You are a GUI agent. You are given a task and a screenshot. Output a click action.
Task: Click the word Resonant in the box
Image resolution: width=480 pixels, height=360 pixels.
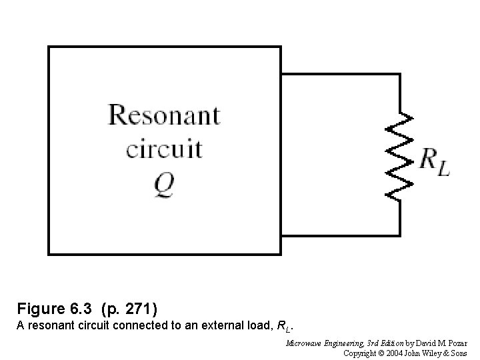[x=164, y=115]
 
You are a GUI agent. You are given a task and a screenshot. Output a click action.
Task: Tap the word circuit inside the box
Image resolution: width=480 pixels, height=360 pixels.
[x=164, y=147]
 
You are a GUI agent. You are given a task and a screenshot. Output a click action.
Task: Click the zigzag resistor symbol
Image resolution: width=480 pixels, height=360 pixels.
[x=400, y=155]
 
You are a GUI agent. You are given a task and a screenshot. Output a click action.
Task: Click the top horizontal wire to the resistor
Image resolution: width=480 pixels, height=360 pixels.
[x=340, y=73]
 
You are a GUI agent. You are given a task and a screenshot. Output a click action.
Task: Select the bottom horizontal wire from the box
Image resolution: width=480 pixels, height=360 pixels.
[x=340, y=235]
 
